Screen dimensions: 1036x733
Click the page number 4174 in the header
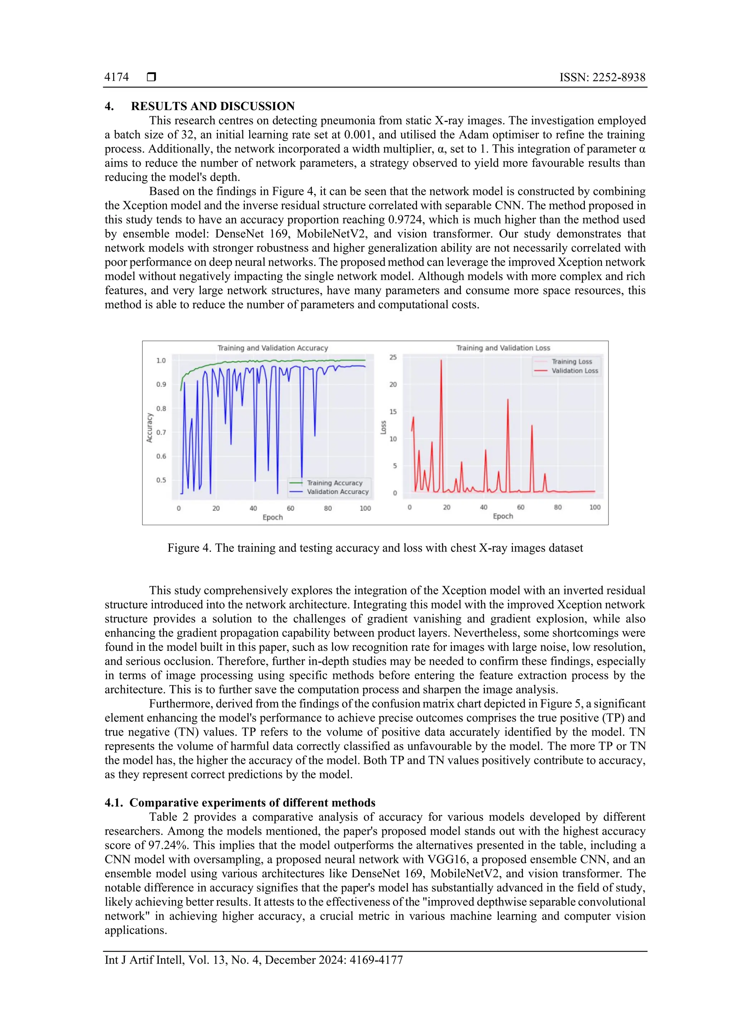tap(116, 77)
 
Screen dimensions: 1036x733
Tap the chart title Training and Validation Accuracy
tap(273, 348)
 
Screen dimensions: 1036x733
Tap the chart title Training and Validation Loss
tap(503, 348)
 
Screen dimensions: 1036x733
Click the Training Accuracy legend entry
tap(334, 483)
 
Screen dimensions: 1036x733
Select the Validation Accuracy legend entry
tap(338, 492)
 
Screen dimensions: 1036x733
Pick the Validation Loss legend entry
tap(574, 371)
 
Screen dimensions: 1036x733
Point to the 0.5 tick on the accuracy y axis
tap(161, 480)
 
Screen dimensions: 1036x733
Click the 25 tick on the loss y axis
tap(393, 357)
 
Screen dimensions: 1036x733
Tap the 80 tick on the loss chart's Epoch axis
tap(558, 507)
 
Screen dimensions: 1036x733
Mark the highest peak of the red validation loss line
tap(441, 361)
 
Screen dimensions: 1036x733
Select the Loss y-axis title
tap(383, 427)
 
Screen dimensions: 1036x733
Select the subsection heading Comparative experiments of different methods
tap(252, 803)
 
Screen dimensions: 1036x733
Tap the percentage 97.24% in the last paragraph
tap(169, 845)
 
